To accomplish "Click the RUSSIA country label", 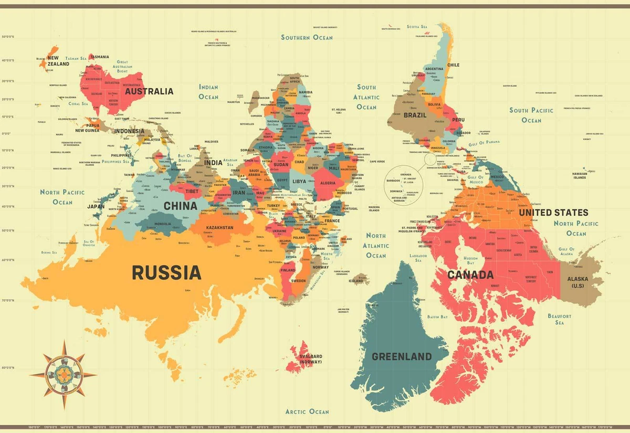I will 166,272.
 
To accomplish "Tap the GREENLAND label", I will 402,357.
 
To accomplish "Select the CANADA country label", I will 470,275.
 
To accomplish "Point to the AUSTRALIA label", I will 149,91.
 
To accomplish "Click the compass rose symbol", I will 63,374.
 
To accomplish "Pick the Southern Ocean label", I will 307,37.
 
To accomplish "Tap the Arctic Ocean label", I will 307,411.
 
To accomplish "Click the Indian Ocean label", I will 208,92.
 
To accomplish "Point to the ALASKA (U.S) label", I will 577,282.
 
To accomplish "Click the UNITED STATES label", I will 553,213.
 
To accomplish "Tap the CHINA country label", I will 180,206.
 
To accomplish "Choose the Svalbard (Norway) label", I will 311,359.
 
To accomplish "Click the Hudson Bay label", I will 470,260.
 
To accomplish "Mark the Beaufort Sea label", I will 559,319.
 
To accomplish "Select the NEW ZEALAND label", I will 58,61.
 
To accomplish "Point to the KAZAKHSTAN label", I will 220,228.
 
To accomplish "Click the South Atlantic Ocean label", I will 366,97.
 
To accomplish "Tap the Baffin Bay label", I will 437,317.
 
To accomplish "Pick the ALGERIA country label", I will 328,183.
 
